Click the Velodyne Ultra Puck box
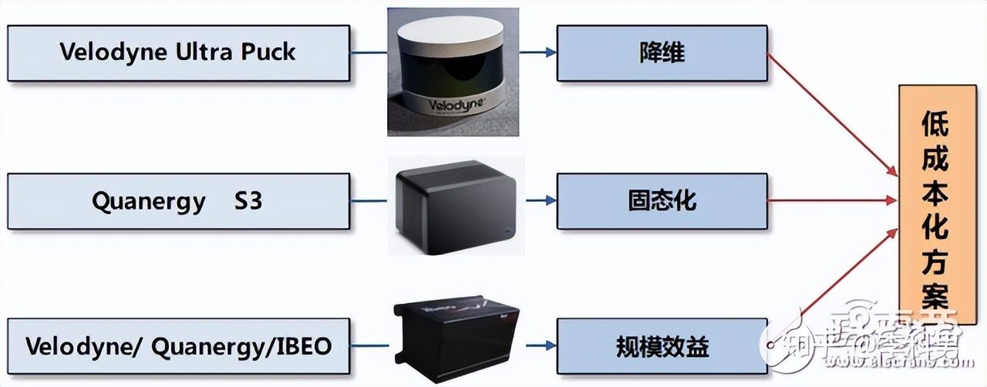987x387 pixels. pyautogui.click(x=177, y=52)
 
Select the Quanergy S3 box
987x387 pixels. pyautogui.click(x=177, y=201)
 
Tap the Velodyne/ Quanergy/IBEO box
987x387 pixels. pyautogui.click(x=177, y=345)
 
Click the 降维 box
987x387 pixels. pyautogui.click(x=662, y=52)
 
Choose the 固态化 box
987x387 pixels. pyautogui.click(x=662, y=201)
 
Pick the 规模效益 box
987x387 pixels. pyautogui.click(x=662, y=345)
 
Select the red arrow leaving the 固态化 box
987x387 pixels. pyautogui.click(x=833, y=201)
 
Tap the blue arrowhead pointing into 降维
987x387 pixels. pyautogui.click(x=550, y=52)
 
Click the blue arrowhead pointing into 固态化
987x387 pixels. pyautogui.click(x=550, y=201)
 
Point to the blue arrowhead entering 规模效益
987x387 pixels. pyautogui.click(x=550, y=345)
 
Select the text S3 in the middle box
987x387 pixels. pyautogui.click(x=248, y=201)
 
